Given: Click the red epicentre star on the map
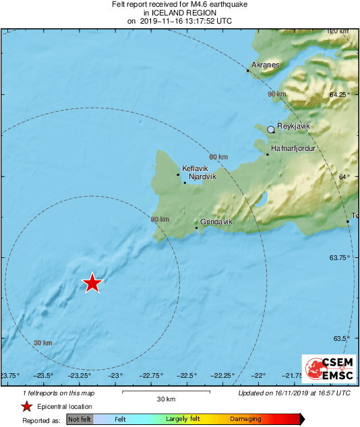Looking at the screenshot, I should [x=92, y=284].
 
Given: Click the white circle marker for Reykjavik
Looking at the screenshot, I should [x=271, y=129].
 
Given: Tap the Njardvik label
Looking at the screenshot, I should [x=202, y=176].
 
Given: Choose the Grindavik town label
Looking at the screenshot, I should [x=216, y=222].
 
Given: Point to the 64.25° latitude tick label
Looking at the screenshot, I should [x=339, y=95].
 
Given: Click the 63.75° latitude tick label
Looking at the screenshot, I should [x=339, y=258].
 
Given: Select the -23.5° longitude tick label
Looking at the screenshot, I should [x=44, y=375].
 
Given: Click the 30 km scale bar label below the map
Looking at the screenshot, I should [x=166, y=399].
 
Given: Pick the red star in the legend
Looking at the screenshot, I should [x=26, y=407].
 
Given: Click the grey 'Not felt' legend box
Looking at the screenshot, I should [x=80, y=419].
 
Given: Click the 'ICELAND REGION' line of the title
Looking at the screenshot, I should [x=179, y=13].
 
